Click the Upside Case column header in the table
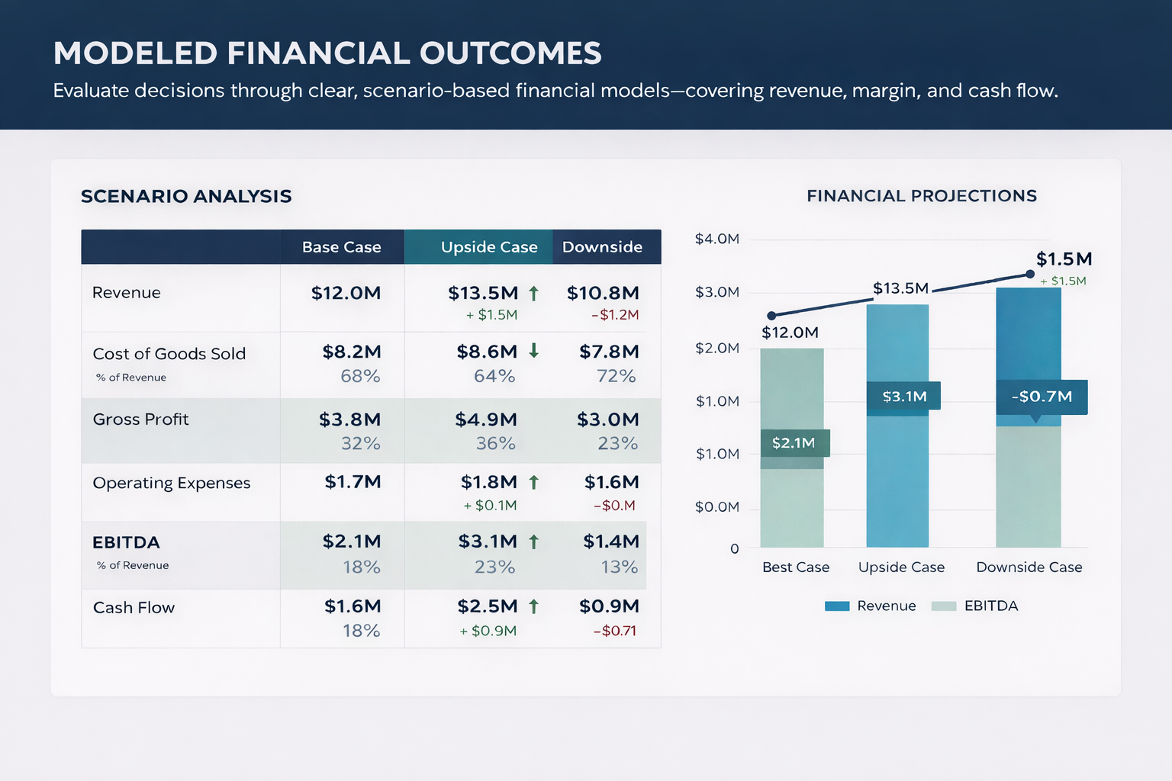(489, 247)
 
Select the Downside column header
(602, 247)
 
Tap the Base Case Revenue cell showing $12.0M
(346, 293)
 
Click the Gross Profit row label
(140, 419)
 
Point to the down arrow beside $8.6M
(534, 351)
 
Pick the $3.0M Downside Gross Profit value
(607, 419)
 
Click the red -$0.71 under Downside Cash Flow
(615, 631)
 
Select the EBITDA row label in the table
(126, 542)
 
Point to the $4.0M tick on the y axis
(716, 239)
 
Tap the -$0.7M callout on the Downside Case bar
(1042, 397)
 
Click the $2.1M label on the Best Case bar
(794, 443)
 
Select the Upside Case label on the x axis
(901, 567)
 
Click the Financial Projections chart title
(921, 196)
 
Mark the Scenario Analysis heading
(186, 196)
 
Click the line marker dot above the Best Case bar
(771, 316)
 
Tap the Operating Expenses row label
(172, 483)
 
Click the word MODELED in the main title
(135, 53)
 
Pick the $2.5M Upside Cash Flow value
(488, 606)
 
